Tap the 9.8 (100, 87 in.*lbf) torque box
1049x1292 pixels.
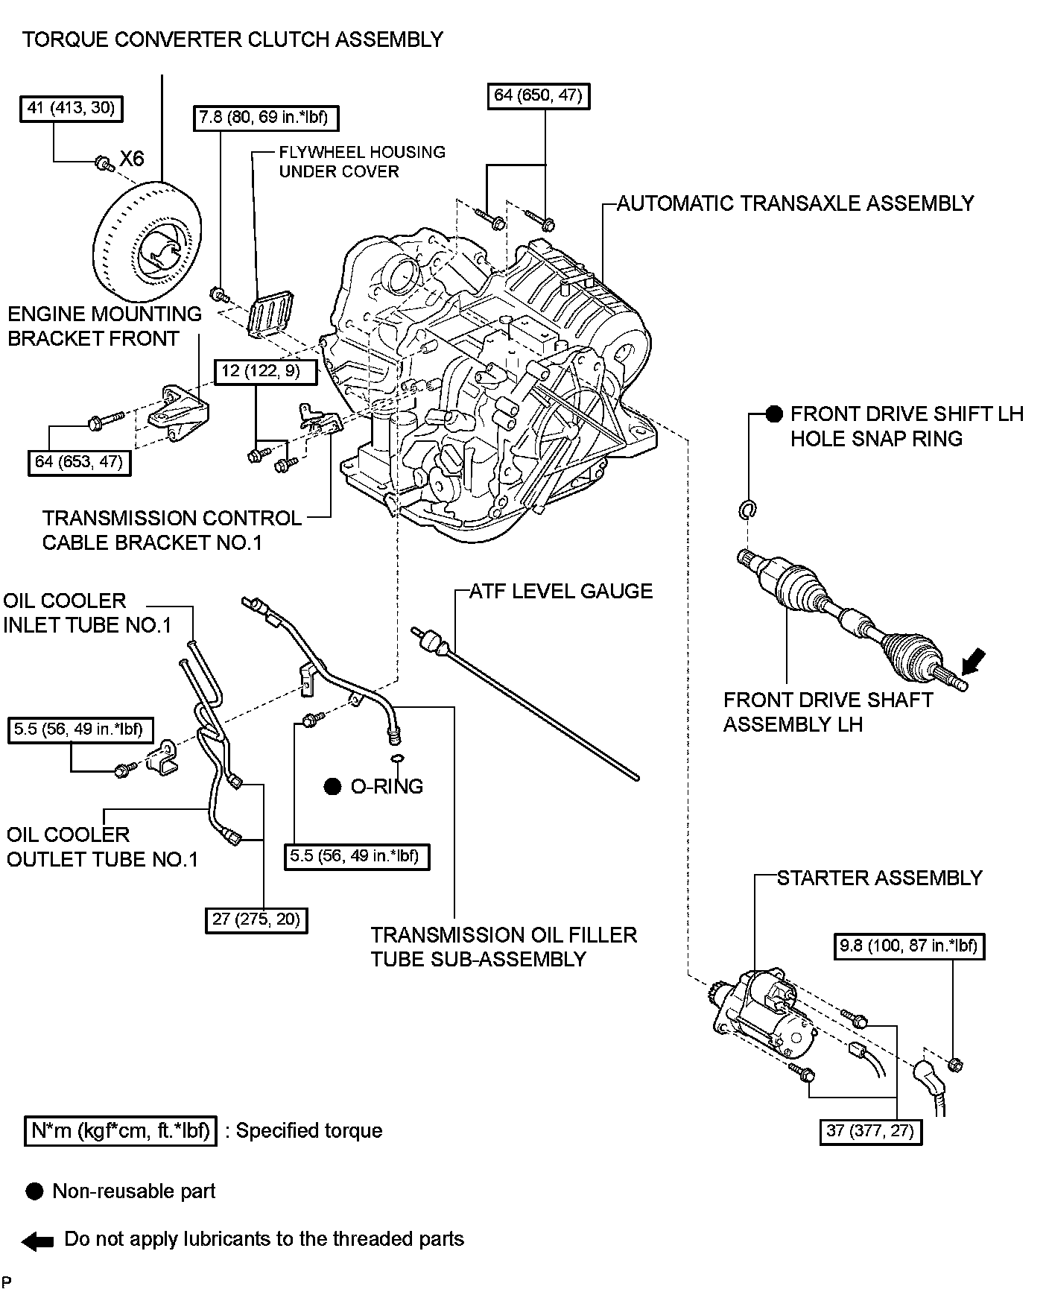pyautogui.click(x=908, y=946)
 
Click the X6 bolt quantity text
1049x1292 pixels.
pyautogui.click(x=132, y=159)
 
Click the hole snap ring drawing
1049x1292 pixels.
pyautogui.click(x=747, y=510)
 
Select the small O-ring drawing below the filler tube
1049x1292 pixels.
pyautogui.click(x=396, y=759)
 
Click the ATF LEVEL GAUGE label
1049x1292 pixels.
pyautogui.click(x=561, y=591)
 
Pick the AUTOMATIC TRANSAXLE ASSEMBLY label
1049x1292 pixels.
pyautogui.click(x=795, y=203)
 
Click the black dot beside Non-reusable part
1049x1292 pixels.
pyautogui.click(x=34, y=1191)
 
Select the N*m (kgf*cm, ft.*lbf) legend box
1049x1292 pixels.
pyautogui.click(x=120, y=1130)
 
